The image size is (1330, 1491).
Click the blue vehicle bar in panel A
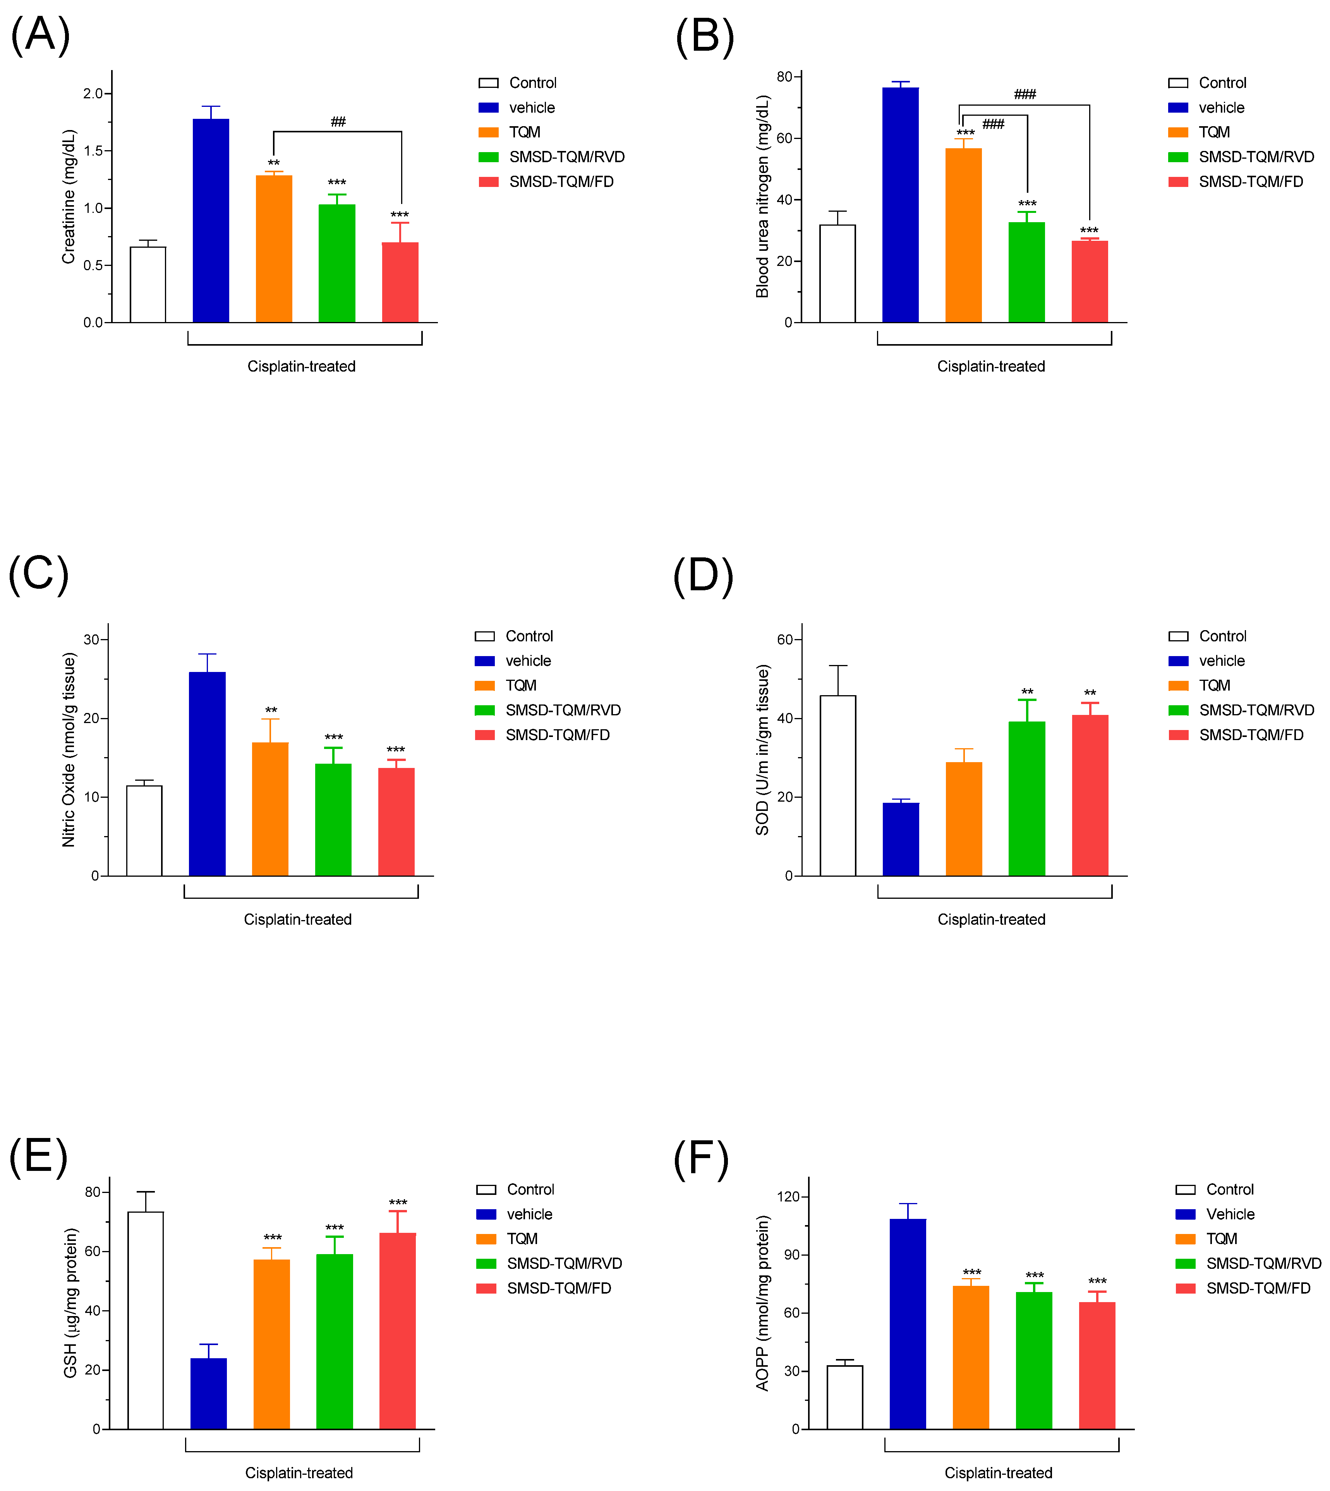click(x=211, y=221)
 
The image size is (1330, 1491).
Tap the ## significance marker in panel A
click(x=338, y=121)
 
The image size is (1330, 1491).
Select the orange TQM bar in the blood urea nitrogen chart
click(x=963, y=235)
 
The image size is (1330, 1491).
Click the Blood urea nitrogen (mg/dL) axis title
click(x=762, y=196)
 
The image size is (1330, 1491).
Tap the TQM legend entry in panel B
click(x=1214, y=132)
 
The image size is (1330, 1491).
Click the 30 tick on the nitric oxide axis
click(x=91, y=639)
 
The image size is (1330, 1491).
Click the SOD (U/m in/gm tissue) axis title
click(x=762, y=749)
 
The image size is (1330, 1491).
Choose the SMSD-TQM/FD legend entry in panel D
click(x=1250, y=735)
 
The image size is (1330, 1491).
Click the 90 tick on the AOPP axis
click(x=791, y=1255)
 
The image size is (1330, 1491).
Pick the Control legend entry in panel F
click(x=1229, y=1189)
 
